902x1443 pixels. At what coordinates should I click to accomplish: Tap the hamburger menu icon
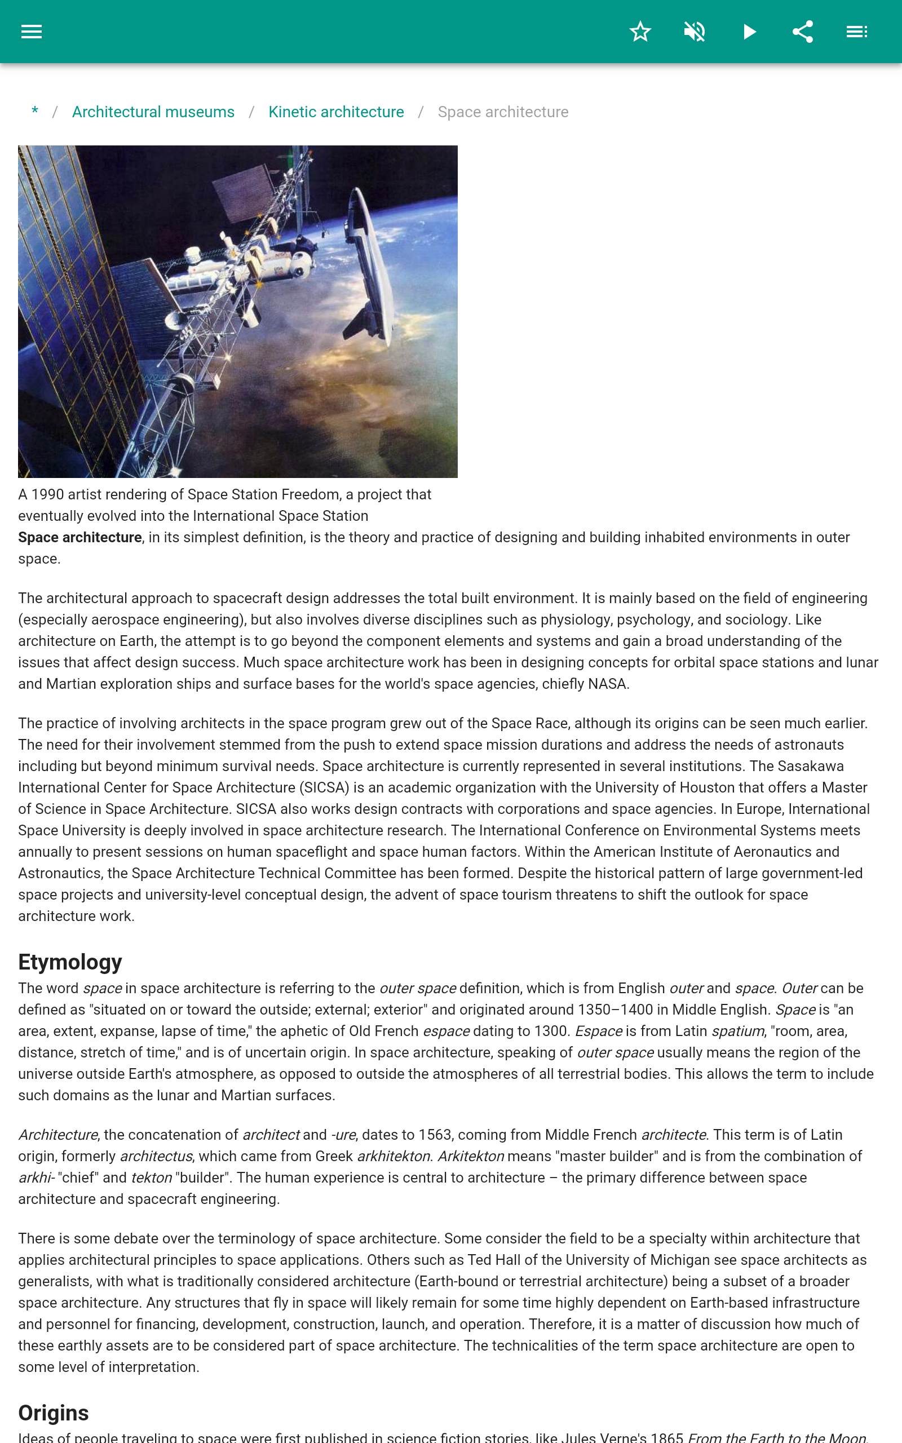32,32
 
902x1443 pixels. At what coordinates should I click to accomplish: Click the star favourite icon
640,32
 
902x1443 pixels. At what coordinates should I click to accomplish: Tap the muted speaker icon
695,32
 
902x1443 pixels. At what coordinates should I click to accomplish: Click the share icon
802,32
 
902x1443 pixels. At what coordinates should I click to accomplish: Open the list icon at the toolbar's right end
857,32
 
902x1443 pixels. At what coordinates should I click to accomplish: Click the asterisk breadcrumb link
35,112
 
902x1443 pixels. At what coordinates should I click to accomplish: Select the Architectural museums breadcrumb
153,112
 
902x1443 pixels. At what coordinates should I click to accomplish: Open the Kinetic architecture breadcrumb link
336,112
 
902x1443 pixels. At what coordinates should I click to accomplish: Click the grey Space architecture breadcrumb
503,112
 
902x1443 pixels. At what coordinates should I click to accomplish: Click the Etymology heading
70,962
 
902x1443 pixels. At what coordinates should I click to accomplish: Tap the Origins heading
54,1413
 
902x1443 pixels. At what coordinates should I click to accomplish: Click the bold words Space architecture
80,537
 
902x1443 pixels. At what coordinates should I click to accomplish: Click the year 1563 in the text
434,1135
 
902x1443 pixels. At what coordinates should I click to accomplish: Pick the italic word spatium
737,1031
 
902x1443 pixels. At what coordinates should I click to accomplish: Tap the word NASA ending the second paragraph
607,684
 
